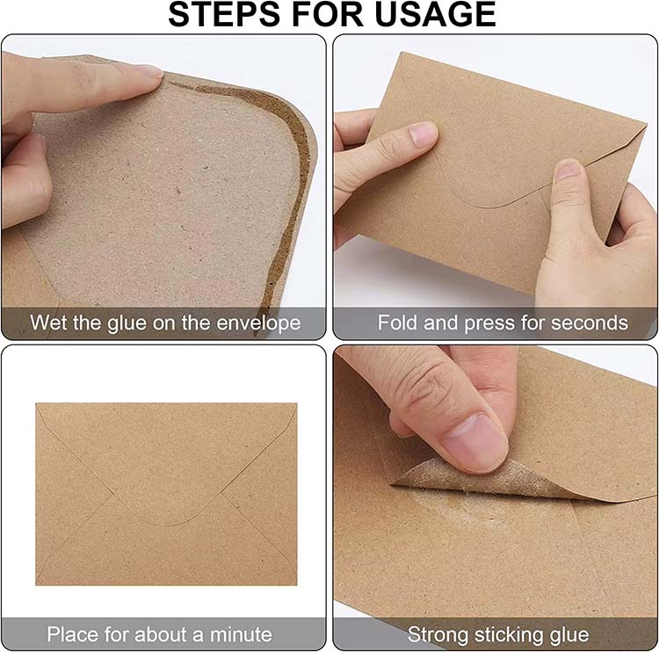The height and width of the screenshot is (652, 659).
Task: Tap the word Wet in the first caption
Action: tap(48, 322)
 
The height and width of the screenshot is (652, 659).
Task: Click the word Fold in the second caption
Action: tap(397, 322)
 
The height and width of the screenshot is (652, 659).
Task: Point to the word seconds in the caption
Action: tap(590, 322)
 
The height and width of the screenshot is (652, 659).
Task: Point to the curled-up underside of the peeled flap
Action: tap(466, 482)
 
